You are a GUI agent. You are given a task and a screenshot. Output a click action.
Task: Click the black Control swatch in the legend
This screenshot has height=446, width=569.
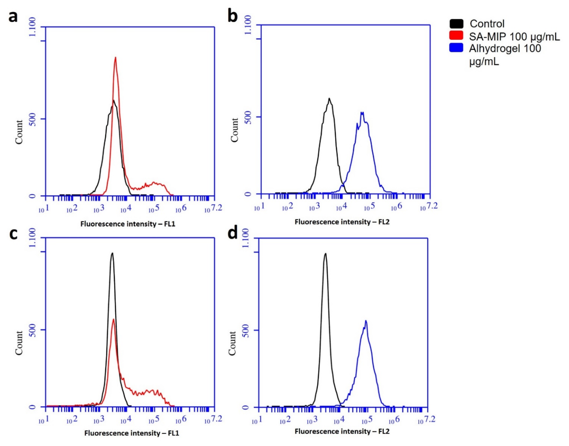(x=456, y=24)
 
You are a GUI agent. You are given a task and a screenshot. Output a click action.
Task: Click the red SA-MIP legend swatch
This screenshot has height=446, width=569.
(x=456, y=35)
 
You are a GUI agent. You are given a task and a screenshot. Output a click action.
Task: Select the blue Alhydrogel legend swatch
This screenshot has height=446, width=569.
(x=456, y=48)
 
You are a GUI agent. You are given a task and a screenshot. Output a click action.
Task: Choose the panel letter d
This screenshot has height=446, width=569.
(x=233, y=233)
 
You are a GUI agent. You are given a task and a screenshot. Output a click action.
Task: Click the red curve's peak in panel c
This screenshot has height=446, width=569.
(x=113, y=319)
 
